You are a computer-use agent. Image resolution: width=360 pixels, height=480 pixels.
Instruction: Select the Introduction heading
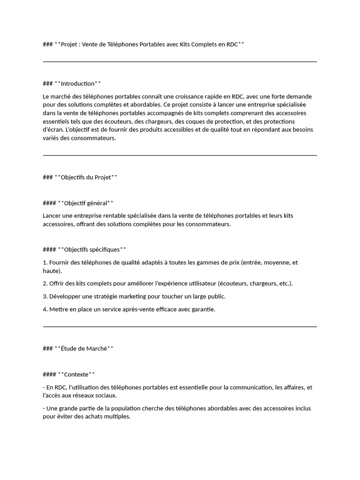pos(77,84)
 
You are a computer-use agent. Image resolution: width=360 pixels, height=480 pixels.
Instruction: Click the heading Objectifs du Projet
pos(86,178)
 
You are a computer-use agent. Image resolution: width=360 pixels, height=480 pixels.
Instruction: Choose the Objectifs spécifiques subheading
pos(92,250)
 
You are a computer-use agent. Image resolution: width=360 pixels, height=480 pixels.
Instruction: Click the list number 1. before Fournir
pos(45,263)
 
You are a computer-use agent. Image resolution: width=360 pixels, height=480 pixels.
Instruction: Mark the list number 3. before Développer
pos(45,297)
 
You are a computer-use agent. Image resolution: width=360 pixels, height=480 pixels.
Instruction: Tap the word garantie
pos(202,309)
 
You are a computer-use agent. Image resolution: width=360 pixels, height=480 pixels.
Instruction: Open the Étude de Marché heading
pos(84,349)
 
